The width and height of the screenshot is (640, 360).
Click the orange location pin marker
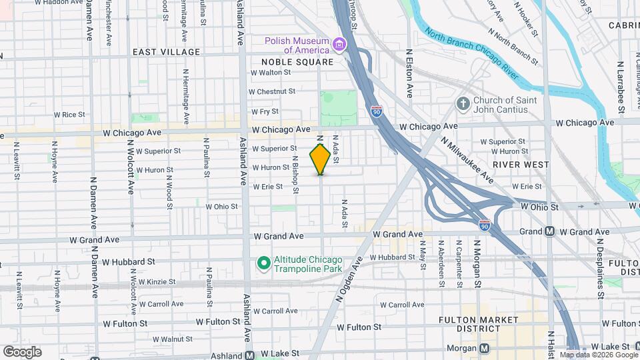(320, 159)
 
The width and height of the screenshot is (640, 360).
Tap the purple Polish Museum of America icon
(340, 45)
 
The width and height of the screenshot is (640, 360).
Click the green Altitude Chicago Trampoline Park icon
(263, 264)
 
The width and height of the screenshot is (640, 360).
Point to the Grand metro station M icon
(550, 231)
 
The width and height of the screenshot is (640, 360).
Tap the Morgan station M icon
(485, 348)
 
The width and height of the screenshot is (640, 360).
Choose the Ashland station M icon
(250, 354)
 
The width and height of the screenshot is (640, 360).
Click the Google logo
(22, 351)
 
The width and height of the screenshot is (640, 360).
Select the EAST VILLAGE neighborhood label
(166, 52)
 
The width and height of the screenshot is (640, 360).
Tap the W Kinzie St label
(155, 283)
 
